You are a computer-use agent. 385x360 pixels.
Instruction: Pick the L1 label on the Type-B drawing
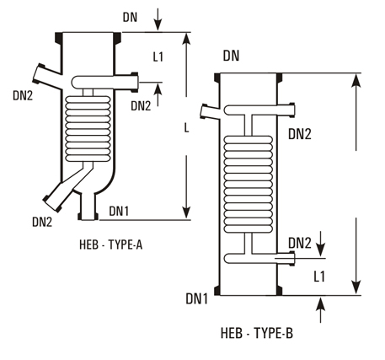pos(320,276)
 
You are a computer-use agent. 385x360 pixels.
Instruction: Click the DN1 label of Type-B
pos(197,298)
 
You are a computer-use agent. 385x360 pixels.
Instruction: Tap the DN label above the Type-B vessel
pos(233,56)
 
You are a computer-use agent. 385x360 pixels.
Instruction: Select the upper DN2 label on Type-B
pos(301,133)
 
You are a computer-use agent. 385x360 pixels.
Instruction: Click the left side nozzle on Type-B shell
pos(209,110)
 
